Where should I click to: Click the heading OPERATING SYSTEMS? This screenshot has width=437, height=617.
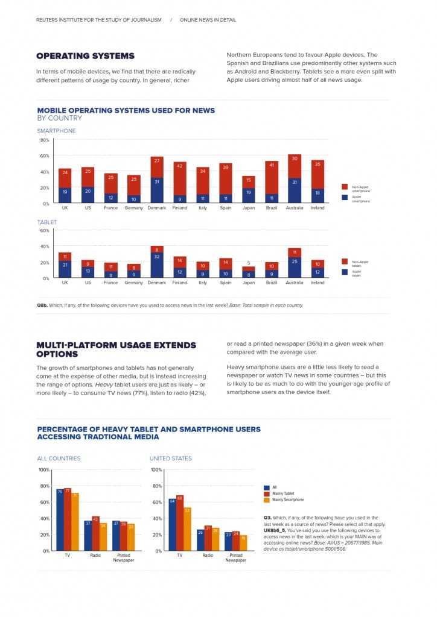[85, 56]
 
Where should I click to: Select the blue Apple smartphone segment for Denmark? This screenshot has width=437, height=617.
[157, 190]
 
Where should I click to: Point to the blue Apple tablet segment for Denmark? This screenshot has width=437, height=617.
[157, 265]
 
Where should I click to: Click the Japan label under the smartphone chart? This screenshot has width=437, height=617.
[249, 208]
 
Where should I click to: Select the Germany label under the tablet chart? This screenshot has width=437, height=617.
[134, 283]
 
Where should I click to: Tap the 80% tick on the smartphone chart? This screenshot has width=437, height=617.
[45, 140]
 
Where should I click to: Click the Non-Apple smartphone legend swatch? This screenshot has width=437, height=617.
[345, 187]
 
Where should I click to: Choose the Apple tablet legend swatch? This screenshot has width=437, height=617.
[345, 271]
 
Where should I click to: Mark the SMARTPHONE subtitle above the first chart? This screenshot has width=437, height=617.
[56, 131]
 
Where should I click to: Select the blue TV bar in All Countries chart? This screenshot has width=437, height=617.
[60, 518]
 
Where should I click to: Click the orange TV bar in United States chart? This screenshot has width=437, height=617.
[187, 528]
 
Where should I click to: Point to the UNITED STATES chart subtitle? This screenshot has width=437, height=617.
[171, 459]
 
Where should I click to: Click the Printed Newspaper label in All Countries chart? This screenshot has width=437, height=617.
[123, 557]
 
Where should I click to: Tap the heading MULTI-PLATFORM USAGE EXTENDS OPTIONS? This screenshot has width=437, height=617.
[116, 349]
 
